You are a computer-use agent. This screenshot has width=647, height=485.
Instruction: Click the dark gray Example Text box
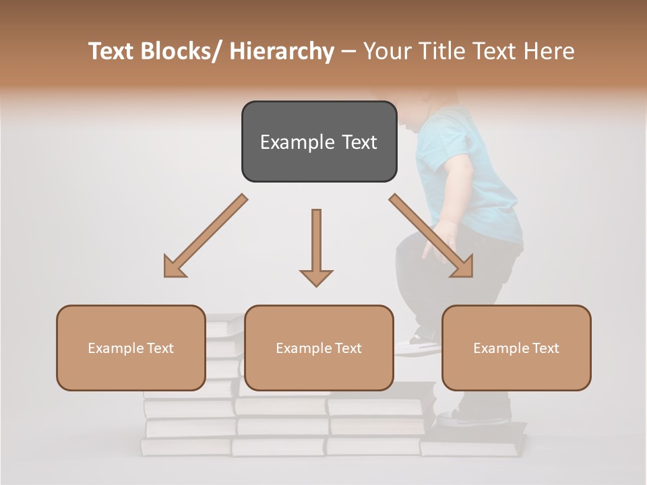(x=319, y=141)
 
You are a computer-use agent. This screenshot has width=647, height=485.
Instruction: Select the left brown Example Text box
(x=131, y=348)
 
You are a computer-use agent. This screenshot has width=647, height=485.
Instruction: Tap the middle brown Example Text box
(x=319, y=348)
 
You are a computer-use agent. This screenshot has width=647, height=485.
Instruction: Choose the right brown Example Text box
(x=516, y=348)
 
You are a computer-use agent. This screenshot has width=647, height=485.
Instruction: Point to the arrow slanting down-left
(x=205, y=236)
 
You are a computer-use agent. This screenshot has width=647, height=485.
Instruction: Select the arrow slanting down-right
(x=431, y=236)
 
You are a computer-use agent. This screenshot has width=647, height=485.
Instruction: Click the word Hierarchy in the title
(x=282, y=51)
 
